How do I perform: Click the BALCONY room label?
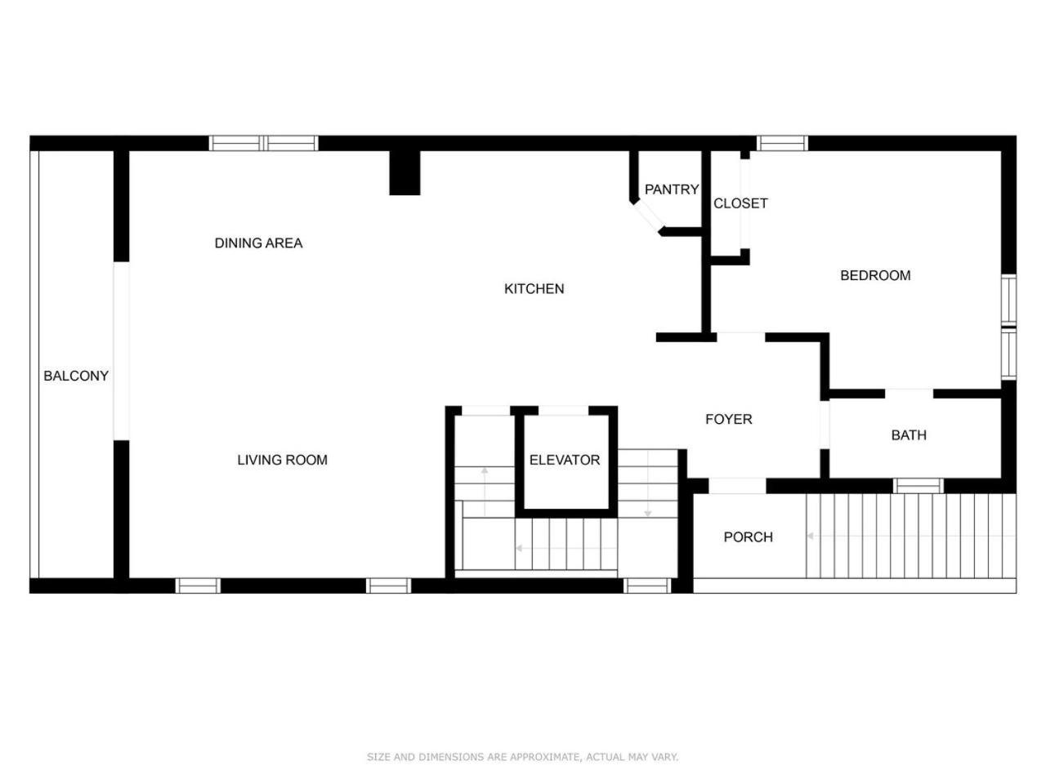pyautogui.click(x=76, y=376)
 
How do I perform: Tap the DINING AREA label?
pyautogui.click(x=258, y=243)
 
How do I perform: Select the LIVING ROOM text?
pyautogui.click(x=282, y=460)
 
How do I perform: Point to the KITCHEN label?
pyautogui.click(x=534, y=288)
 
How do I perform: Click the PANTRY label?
pyautogui.click(x=672, y=189)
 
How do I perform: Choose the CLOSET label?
pyautogui.click(x=740, y=203)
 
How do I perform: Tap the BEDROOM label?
pyautogui.click(x=875, y=275)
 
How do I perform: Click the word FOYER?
pyautogui.click(x=729, y=420)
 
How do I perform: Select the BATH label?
pyautogui.click(x=909, y=435)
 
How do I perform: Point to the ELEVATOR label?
pyautogui.click(x=564, y=460)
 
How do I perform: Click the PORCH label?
pyautogui.click(x=748, y=537)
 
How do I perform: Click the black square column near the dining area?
pyautogui.click(x=405, y=172)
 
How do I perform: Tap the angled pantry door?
pyautogui.click(x=649, y=216)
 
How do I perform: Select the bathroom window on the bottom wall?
pyautogui.click(x=918, y=486)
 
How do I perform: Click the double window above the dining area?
pyautogui.click(x=263, y=143)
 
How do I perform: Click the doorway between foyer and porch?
pyautogui.click(x=737, y=486)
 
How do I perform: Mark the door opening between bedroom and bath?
pyautogui.click(x=909, y=394)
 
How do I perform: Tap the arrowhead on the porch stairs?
pyautogui.click(x=810, y=536)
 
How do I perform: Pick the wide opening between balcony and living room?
pyautogui.click(x=121, y=351)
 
